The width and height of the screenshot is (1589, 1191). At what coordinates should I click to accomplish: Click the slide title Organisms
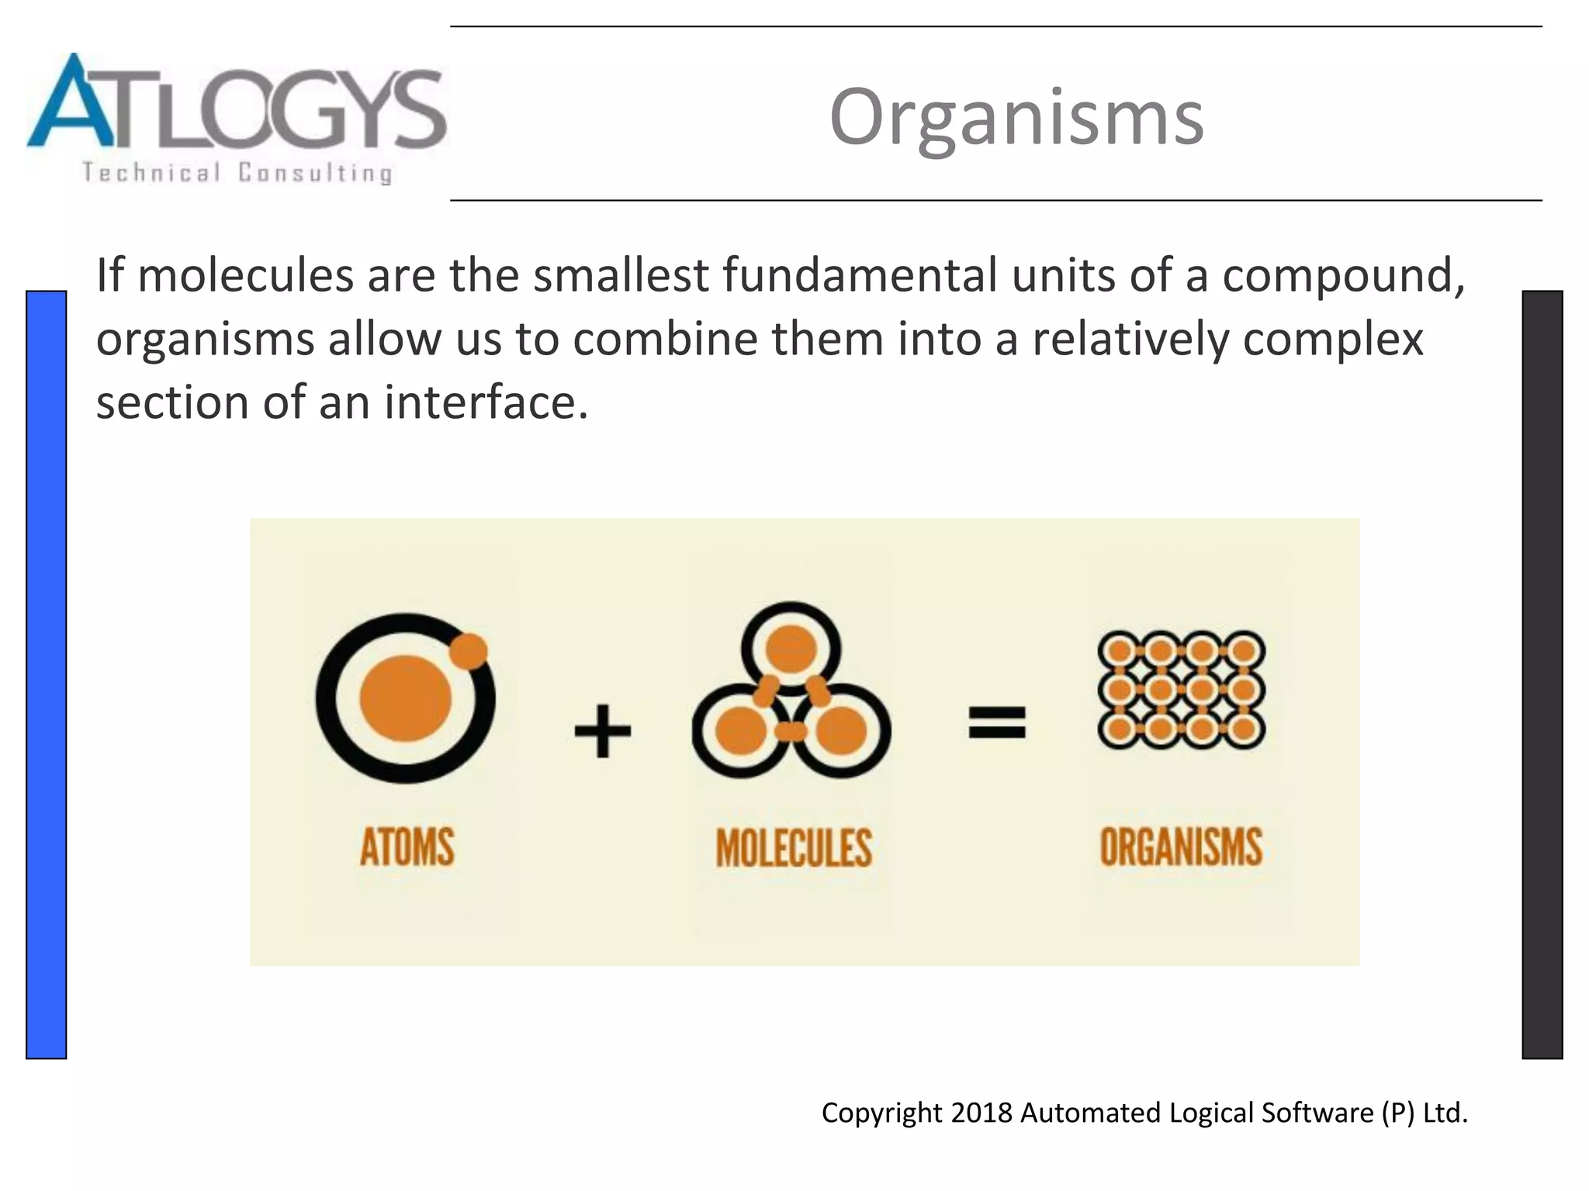[x=1016, y=117]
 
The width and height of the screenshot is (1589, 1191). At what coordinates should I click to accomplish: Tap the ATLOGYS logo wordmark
[x=237, y=105]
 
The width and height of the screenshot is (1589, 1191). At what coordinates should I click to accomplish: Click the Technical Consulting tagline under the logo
[x=237, y=172]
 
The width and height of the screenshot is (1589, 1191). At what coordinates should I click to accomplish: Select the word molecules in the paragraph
[x=245, y=275]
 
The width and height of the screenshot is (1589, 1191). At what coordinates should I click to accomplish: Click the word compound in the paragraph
[x=1342, y=277]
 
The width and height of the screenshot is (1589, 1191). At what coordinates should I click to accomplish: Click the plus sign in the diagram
[x=602, y=730]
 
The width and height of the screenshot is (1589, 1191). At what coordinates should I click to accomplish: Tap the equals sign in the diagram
[x=997, y=722]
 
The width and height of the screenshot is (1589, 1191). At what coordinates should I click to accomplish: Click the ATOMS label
[x=407, y=847]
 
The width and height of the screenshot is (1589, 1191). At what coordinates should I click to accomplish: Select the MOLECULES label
[x=793, y=848]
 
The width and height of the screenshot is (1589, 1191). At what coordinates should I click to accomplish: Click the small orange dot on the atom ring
[x=468, y=651]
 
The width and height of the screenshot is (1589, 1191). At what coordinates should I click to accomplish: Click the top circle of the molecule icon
[x=791, y=647]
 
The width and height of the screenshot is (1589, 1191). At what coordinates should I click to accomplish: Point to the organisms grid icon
[x=1181, y=689]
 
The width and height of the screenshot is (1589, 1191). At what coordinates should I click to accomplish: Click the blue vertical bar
[x=46, y=675]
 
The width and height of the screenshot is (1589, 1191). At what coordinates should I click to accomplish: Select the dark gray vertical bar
[x=1542, y=675]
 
